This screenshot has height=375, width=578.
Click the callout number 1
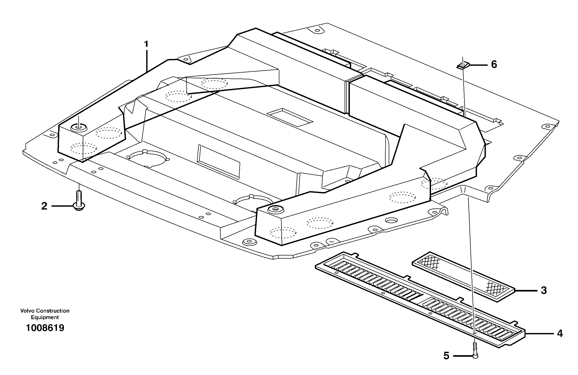pos(146,44)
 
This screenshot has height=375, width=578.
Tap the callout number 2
pos(44,206)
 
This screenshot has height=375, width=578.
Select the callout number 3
pos(544,290)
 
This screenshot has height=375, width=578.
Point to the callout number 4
pos(560,334)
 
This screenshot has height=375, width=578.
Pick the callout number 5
pos(446,356)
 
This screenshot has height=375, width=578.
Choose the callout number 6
pos(494,64)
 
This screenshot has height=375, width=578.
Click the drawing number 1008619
pos(45,328)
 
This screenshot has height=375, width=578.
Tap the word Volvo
pos(27,311)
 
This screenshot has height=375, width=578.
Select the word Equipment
pos(45,317)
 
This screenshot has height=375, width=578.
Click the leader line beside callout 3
pos(525,290)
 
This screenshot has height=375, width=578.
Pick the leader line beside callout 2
pos(62,206)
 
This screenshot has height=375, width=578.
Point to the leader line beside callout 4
pos(539,334)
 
